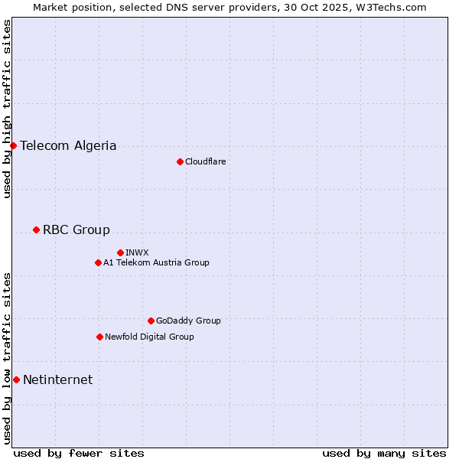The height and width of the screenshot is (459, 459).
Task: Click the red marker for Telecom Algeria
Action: [13, 145]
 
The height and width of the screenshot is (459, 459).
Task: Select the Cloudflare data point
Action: [180, 161]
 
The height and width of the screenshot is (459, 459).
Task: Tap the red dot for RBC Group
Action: [36, 229]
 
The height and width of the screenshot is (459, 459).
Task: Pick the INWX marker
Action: [120, 252]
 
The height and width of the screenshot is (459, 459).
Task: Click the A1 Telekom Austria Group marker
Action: [98, 262]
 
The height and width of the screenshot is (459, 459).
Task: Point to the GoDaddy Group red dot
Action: [151, 321]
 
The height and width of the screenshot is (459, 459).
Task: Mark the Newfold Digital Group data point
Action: [99, 337]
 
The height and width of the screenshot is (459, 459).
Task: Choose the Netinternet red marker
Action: [16, 379]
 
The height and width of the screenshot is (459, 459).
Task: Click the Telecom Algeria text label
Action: [68, 145]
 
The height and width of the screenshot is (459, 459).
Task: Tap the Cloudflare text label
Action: [205, 161]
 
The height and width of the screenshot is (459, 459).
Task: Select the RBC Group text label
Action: [76, 229]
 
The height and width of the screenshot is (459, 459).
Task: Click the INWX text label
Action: [137, 252]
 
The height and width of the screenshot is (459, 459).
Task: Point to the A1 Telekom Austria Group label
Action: [156, 262]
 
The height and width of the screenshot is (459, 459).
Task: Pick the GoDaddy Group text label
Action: [188, 321]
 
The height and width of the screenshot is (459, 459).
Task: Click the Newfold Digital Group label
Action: [149, 337]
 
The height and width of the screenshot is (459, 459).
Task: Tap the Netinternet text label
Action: [57, 379]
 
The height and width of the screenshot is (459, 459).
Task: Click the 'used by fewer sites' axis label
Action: [79, 453]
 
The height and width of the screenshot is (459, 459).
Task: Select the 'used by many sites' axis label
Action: [384, 453]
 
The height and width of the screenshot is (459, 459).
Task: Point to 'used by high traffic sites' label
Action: [7, 109]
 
